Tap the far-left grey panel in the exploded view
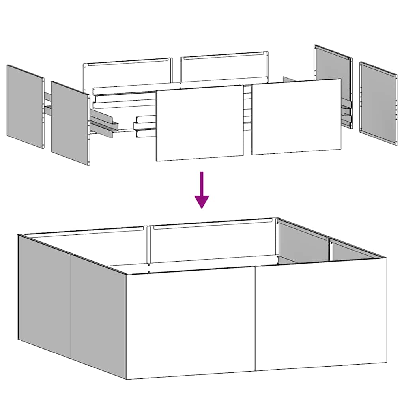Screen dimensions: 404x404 pos(25,107)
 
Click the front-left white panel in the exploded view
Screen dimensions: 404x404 pos(200,123)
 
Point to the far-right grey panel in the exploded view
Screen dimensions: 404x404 pos(378,103)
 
